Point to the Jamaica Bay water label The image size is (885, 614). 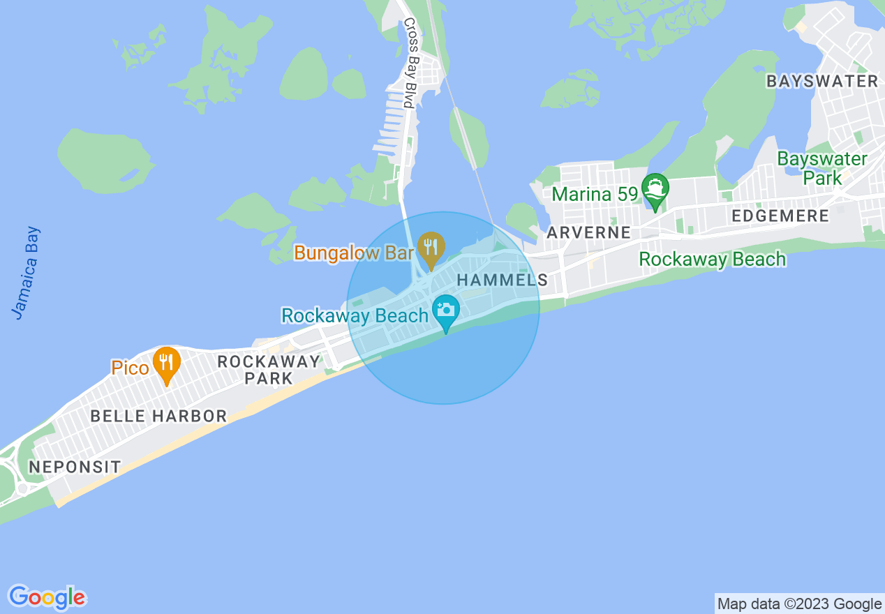[27, 273]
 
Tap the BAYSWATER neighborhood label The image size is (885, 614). [822, 81]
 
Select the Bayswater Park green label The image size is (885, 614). [822, 168]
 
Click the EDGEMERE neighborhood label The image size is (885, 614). [780, 216]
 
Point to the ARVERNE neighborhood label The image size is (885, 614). [589, 232]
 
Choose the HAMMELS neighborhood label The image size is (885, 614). [502, 280]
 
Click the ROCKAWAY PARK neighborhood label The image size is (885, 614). [269, 370]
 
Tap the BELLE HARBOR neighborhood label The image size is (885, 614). [158, 416]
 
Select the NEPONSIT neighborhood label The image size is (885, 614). [75, 466]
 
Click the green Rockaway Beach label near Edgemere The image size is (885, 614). [712, 259]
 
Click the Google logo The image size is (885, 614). [47, 597]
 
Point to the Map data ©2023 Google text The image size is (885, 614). [800, 604]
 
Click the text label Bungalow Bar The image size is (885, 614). [354, 253]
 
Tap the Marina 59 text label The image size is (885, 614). [595, 193]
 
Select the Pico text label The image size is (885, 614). [131, 367]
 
